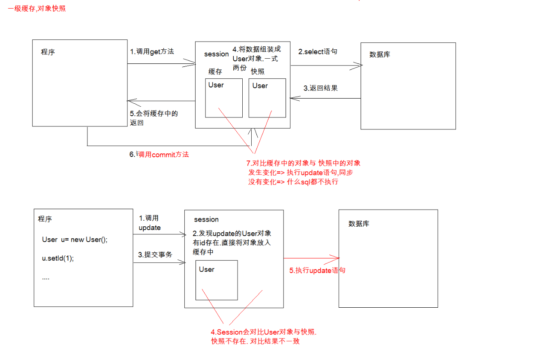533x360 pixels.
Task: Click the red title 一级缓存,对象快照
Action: point(37,8)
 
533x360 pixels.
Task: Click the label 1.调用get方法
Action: point(152,51)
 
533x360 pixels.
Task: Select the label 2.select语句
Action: point(318,51)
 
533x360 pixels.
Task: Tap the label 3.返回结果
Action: point(320,88)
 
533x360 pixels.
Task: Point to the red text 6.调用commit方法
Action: point(159,154)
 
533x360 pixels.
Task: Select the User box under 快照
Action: point(267,98)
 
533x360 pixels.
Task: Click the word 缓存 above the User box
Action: point(215,72)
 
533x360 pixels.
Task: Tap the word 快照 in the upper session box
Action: point(258,72)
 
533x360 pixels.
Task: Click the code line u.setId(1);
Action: point(58,259)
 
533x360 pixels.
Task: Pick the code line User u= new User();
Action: point(75,240)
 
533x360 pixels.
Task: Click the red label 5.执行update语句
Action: point(317,270)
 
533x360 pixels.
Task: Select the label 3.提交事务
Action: point(155,255)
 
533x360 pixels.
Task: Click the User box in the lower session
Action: point(217,280)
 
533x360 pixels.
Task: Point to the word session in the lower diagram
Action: point(206,219)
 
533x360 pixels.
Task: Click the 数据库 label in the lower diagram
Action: point(359,224)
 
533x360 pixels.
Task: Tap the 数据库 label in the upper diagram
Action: point(380,55)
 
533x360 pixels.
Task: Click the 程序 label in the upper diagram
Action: point(48,52)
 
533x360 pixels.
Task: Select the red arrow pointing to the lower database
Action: point(311,258)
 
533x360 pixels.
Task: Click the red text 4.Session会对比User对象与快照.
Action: point(263,332)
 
